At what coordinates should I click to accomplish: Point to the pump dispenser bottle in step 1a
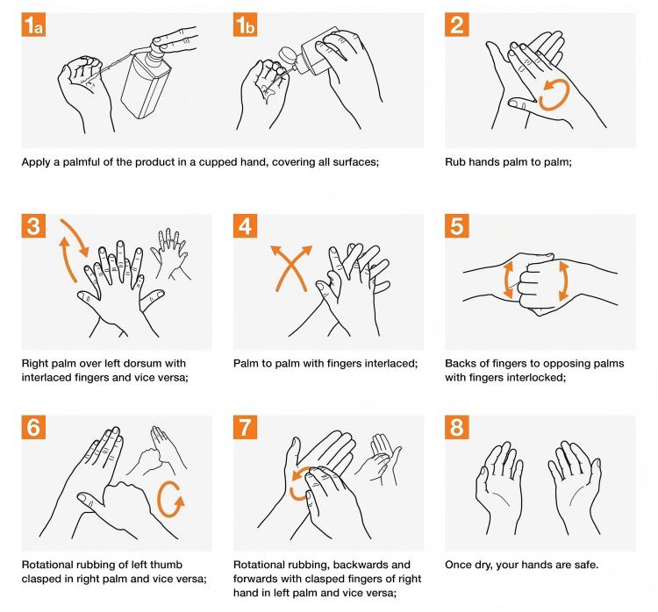tap(147, 83)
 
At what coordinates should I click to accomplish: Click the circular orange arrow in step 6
tap(170, 501)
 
